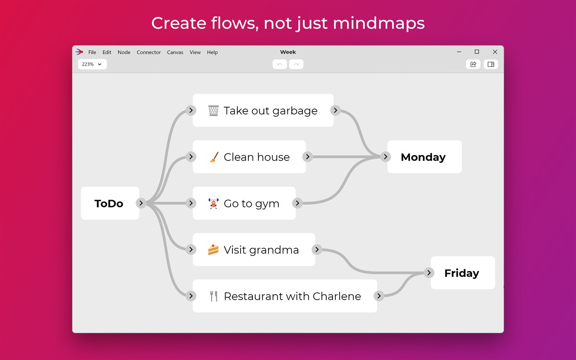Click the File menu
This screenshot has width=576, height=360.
(92, 52)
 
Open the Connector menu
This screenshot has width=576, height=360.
(149, 52)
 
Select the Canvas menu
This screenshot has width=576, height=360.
(175, 52)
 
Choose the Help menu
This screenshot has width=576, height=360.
(212, 52)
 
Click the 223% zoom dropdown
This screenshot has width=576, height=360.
(92, 64)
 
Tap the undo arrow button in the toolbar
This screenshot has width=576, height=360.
(280, 64)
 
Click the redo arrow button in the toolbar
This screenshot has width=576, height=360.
(296, 64)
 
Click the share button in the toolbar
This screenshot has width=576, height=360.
(473, 64)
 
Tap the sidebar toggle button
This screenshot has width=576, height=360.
(491, 64)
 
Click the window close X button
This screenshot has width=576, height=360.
(495, 52)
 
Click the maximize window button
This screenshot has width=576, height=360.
(477, 52)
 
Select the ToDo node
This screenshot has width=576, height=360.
(109, 204)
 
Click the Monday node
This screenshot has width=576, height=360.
(423, 157)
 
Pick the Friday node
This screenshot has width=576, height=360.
(462, 273)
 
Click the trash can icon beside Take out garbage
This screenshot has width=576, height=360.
(213, 111)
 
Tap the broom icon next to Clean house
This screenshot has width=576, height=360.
(213, 157)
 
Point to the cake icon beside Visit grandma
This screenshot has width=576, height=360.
(213, 250)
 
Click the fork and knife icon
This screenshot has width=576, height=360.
(213, 296)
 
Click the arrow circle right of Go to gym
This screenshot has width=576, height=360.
(297, 203)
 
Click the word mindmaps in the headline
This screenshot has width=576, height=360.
(379, 23)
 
